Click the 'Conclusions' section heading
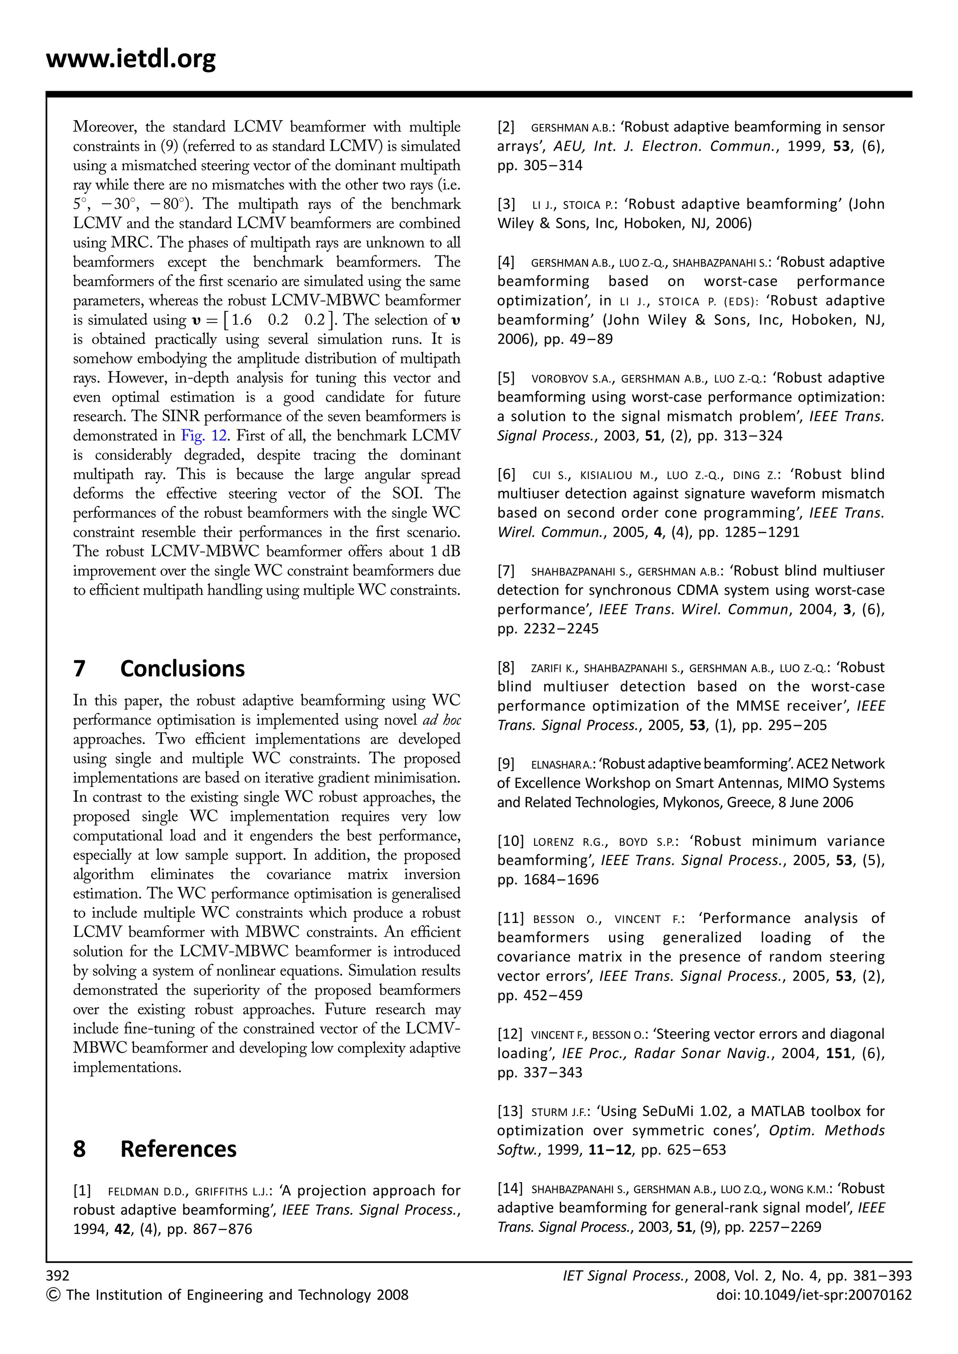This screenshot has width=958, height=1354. [x=182, y=669]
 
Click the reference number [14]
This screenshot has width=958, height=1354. [x=510, y=1188]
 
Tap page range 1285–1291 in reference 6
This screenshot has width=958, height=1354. [x=762, y=532]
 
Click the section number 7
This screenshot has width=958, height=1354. [x=80, y=669]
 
